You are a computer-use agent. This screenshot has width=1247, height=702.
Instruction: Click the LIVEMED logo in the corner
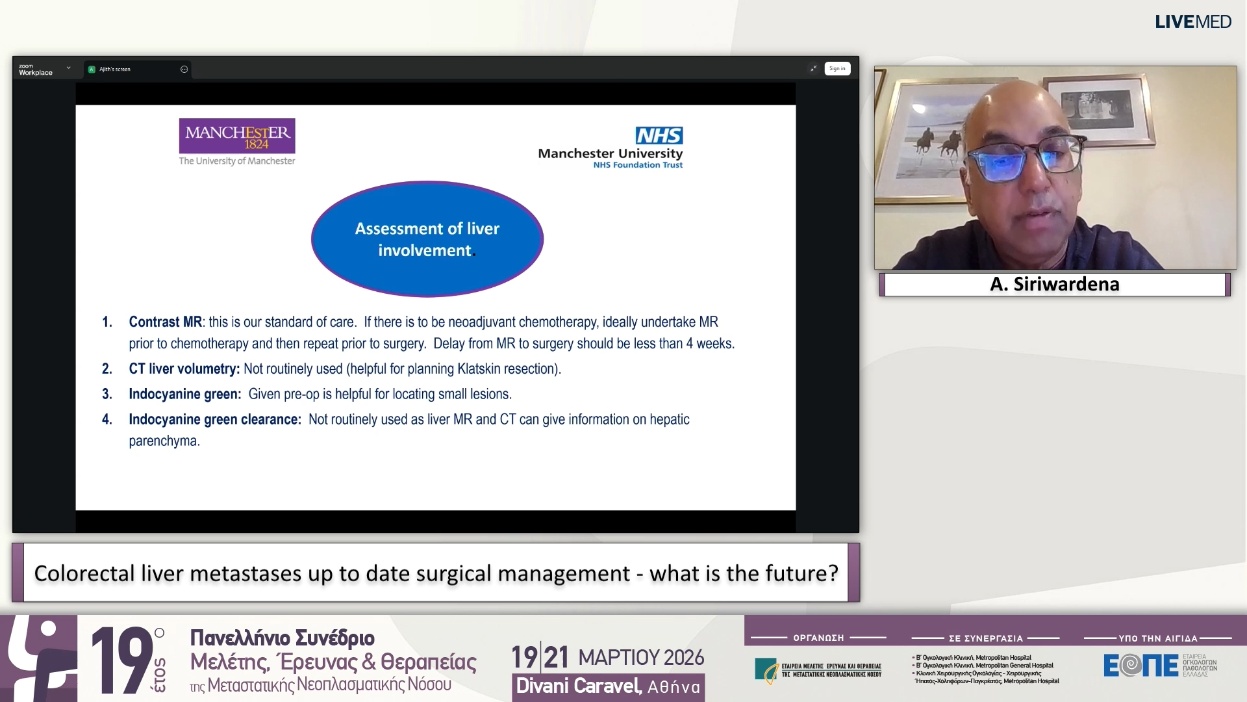tap(1192, 22)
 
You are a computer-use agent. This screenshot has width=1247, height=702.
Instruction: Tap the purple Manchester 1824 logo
tap(237, 136)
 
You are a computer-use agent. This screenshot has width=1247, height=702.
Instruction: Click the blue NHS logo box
tap(659, 135)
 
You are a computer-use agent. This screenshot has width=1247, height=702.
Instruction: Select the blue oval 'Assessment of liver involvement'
tap(427, 239)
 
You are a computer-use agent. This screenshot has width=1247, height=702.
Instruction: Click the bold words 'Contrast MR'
tap(165, 322)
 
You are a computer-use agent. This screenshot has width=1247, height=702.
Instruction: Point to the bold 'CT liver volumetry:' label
tap(184, 369)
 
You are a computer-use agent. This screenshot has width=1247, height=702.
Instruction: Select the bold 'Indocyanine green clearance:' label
tap(215, 419)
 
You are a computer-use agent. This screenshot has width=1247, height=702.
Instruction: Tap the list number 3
tap(107, 394)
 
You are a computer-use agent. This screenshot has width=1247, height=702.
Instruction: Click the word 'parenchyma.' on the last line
tap(164, 441)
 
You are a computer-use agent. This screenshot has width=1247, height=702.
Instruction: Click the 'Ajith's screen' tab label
tap(115, 69)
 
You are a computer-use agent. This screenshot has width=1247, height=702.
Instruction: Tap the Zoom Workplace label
tap(36, 70)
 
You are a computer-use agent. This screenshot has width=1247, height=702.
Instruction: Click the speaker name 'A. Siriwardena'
tap(1054, 284)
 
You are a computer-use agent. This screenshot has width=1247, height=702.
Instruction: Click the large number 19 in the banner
tap(122, 659)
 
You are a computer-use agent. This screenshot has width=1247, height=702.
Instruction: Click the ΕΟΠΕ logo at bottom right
tap(1140, 665)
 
